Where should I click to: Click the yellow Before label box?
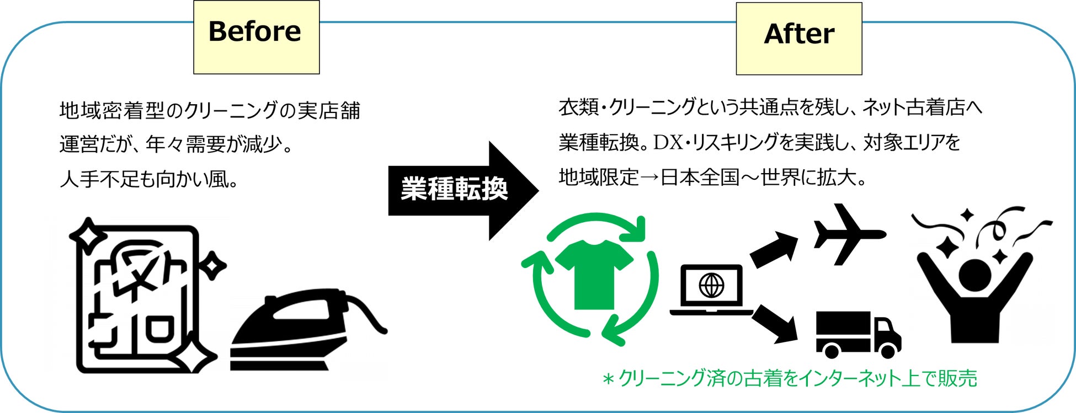(x=256, y=37)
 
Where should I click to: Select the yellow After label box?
(x=798, y=39)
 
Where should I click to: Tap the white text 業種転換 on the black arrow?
(x=454, y=189)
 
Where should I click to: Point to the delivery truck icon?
(x=857, y=334)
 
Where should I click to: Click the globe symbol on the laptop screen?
(x=711, y=286)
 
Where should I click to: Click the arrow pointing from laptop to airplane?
(x=773, y=249)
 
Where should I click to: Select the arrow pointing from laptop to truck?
(x=774, y=324)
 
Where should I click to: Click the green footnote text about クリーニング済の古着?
(x=790, y=379)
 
